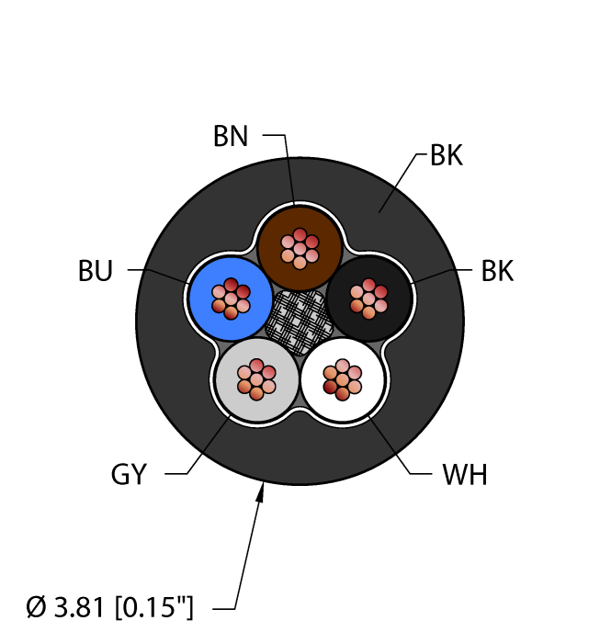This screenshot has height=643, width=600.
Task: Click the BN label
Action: (x=231, y=136)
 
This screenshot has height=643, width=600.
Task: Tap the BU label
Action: (x=96, y=271)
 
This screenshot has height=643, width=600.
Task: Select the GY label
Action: (x=129, y=475)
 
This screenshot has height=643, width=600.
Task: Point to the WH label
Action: (x=465, y=475)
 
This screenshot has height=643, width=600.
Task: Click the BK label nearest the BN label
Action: (x=447, y=155)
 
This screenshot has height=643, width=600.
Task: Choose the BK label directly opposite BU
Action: (x=497, y=271)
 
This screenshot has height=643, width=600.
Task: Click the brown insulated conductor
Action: (x=300, y=249)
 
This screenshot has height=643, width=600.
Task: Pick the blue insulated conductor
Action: (x=231, y=299)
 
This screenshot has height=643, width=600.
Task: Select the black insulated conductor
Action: (x=368, y=299)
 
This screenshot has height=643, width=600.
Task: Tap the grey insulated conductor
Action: (x=256, y=379)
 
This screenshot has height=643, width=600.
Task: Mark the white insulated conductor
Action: (x=343, y=379)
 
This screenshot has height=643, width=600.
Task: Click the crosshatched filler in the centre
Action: (x=299, y=321)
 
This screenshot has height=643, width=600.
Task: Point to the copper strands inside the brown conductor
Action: (x=300, y=249)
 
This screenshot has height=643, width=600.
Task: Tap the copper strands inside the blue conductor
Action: (x=231, y=299)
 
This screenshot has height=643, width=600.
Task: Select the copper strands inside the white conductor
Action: (x=343, y=379)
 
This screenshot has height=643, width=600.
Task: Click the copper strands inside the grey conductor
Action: (x=256, y=379)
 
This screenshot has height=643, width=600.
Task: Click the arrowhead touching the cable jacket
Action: (x=260, y=492)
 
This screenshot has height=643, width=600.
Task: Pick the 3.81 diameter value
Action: (x=79, y=608)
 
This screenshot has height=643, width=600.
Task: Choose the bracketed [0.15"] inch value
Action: (x=153, y=608)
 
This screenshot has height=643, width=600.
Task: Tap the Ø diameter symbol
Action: (x=36, y=608)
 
